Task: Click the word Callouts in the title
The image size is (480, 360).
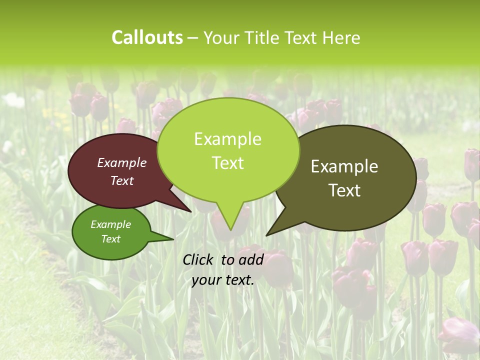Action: [x=147, y=38]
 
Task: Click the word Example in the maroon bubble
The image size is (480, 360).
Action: [x=122, y=163]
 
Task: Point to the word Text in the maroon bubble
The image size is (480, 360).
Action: [x=122, y=180]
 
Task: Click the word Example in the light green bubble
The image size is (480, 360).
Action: [x=227, y=139]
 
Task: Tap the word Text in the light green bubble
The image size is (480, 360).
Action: [x=227, y=163]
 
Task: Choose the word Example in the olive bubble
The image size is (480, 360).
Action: [x=344, y=166]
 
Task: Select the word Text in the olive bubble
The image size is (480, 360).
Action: [x=344, y=190]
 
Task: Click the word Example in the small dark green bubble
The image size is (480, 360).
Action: [x=110, y=224]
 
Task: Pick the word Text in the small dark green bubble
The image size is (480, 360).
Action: [x=110, y=239]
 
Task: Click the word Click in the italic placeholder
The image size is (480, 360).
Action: [x=199, y=259]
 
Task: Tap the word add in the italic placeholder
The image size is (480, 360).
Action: [x=251, y=259]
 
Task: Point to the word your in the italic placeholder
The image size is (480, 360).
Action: [x=205, y=280]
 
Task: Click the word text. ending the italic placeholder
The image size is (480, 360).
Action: [x=238, y=280]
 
